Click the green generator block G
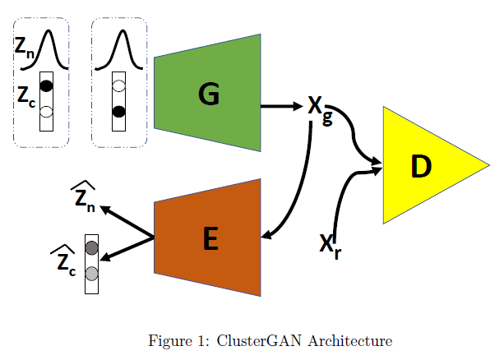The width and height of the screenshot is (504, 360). pos(207,94)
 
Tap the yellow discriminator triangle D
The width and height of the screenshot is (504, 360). pos(423,166)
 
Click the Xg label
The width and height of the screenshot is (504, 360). pos(320,108)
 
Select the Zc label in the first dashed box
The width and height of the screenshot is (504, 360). pos(25,95)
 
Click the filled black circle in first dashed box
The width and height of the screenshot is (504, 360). pos(47,85)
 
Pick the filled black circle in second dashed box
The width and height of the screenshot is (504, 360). pos(119,111)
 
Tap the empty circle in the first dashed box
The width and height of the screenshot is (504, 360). pos(47,111)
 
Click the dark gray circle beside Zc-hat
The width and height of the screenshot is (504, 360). pos(91,247)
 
